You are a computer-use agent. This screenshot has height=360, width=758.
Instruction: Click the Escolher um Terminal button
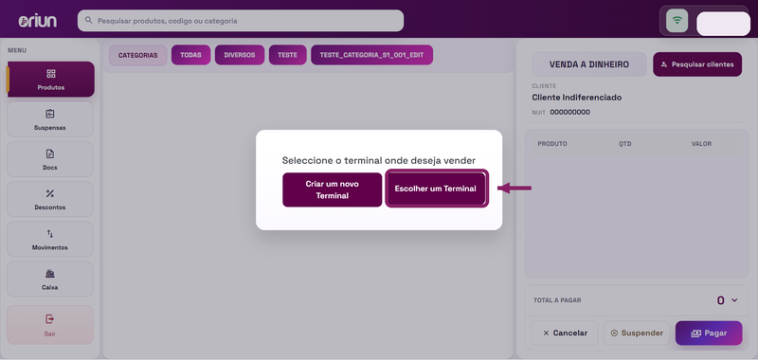(x=437, y=189)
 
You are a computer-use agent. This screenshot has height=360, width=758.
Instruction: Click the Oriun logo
(x=37, y=21)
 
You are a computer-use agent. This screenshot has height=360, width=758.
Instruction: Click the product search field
(x=241, y=21)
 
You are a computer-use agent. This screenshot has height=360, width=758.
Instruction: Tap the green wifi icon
(x=677, y=21)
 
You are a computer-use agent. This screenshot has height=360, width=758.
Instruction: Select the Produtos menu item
(x=50, y=80)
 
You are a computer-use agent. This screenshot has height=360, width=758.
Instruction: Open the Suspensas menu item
(x=50, y=119)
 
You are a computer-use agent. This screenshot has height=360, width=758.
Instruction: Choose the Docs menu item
(x=50, y=159)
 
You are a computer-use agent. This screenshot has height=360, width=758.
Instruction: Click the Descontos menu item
(x=50, y=199)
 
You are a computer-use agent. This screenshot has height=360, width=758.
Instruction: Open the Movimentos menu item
(x=50, y=239)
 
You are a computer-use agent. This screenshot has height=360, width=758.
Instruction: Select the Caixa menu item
(x=50, y=279)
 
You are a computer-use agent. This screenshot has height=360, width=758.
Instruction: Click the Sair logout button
(x=50, y=325)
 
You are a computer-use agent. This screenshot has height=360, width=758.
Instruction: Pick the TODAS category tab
(x=191, y=55)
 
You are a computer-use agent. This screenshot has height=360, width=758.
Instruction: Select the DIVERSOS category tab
(x=240, y=55)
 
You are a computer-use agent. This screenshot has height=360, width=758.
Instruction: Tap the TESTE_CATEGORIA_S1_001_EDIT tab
(x=371, y=55)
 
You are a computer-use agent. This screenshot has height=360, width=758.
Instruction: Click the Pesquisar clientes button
(x=697, y=64)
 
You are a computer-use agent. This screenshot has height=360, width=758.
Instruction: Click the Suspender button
(x=637, y=333)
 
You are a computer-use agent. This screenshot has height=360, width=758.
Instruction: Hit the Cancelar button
(x=565, y=333)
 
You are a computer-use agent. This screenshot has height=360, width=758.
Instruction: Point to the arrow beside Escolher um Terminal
(x=514, y=188)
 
